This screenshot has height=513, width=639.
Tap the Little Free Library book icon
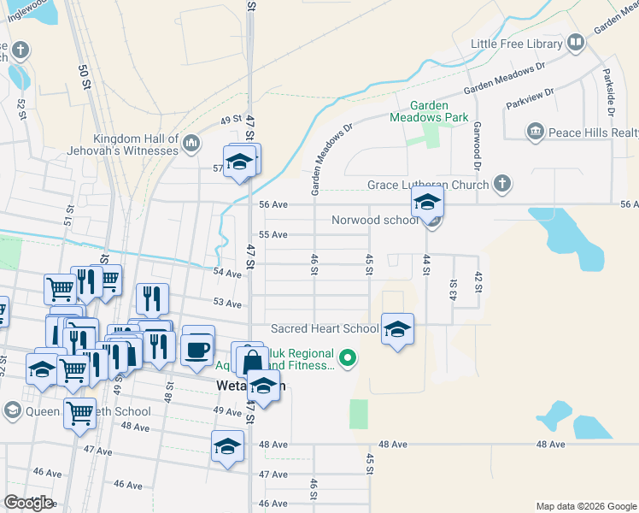click(x=576, y=42)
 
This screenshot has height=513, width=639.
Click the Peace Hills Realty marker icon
click(x=536, y=131)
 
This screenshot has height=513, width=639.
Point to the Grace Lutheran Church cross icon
click(x=502, y=184)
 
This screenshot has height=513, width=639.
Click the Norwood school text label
click(x=375, y=220)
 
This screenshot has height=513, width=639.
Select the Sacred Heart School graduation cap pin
click(x=397, y=329)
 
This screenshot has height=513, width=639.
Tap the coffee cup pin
click(x=198, y=348)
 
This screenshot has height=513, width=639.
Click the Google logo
click(x=28, y=502)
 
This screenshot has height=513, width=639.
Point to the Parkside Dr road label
click(x=610, y=91)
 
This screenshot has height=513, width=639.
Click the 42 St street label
click(x=478, y=283)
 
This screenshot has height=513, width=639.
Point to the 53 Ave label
click(x=228, y=303)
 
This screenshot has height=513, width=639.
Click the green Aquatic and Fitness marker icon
click(x=347, y=357)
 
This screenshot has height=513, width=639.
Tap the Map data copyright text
click(x=586, y=506)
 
